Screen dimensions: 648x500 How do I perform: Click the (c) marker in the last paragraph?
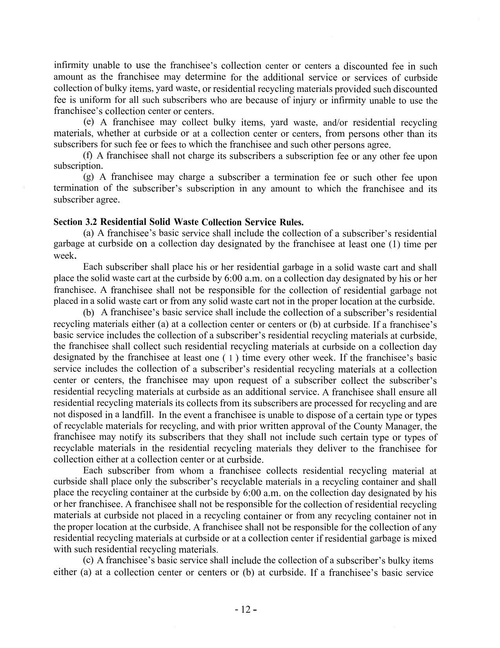[x=89, y=560]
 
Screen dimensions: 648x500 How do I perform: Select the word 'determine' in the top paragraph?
[x=205, y=77]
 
